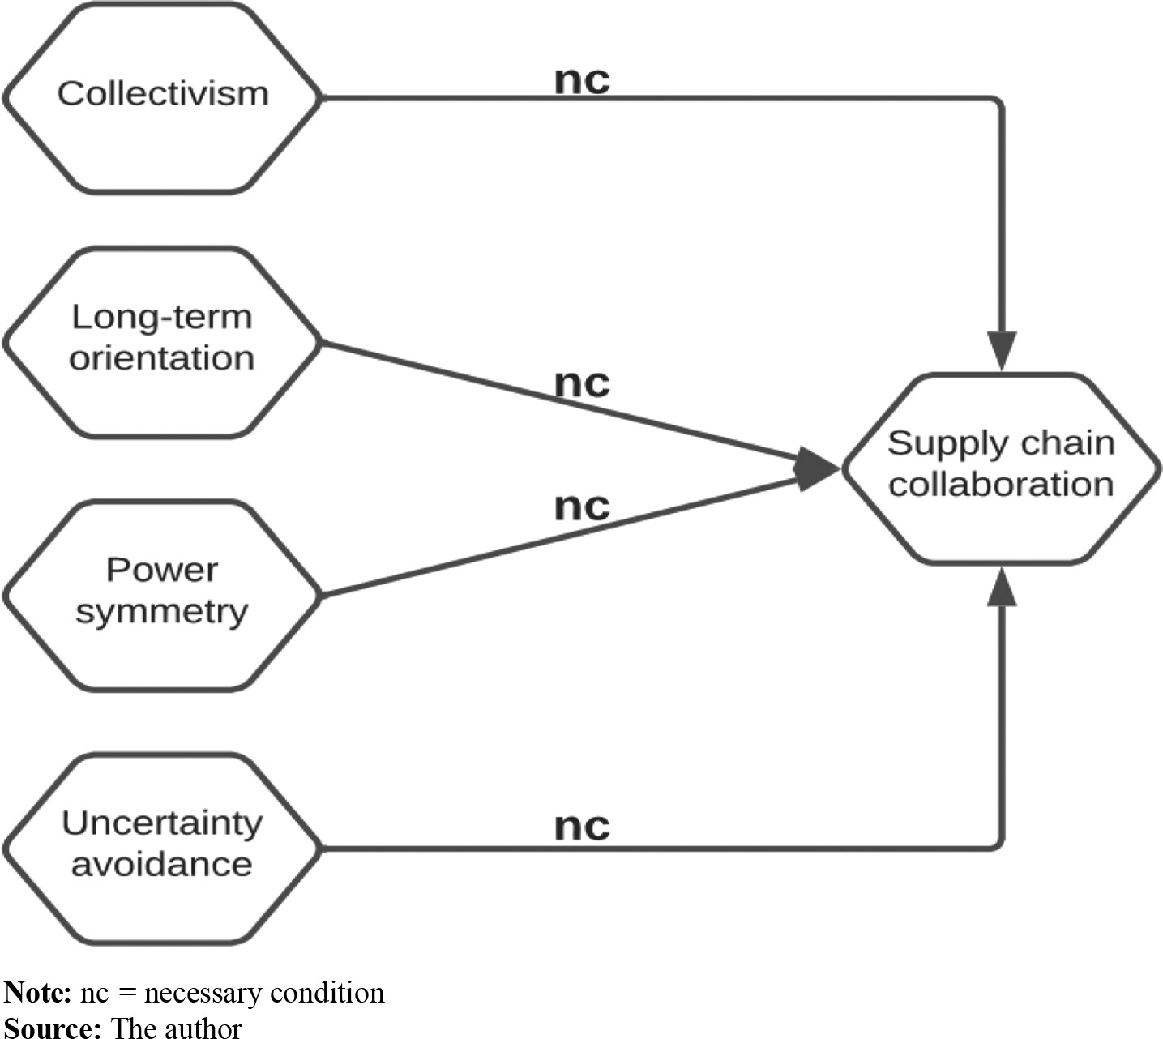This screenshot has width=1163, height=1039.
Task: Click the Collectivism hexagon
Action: [162, 97]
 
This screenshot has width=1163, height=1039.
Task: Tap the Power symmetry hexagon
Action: [162, 596]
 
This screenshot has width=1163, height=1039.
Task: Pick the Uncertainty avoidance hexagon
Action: [162, 848]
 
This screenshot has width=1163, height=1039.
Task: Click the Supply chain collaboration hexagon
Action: [1002, 468]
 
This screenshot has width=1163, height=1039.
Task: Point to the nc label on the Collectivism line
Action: [582, 80]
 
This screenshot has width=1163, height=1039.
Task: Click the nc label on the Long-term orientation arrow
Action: [582, 383]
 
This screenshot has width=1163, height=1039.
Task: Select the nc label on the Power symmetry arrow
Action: [582, 507]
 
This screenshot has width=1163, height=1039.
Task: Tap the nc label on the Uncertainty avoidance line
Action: [582, 827]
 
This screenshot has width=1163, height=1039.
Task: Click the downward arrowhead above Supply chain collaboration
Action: [1003, 350]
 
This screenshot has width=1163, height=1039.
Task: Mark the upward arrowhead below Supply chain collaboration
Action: [1003, 587]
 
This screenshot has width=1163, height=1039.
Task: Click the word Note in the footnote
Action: [37, 993]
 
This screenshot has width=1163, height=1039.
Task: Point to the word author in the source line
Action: [203, 1028]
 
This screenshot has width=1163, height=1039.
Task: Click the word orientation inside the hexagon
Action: [162, 358]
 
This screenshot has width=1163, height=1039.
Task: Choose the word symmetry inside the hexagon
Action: [162, 612]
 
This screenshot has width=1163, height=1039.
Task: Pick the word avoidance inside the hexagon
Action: [162, 864]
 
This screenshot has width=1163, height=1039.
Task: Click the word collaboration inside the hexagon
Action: [1002, 485]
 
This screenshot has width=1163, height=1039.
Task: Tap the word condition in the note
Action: [327, 993]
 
